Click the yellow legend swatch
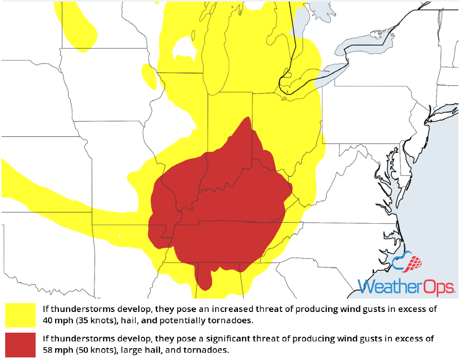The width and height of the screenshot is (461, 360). click(x=21, y=315)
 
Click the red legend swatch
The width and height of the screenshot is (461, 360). click(x=21, y=344)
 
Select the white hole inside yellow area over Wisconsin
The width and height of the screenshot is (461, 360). click(x=183, y=49)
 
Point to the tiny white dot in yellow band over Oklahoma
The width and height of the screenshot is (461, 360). click(x=119, y=236)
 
